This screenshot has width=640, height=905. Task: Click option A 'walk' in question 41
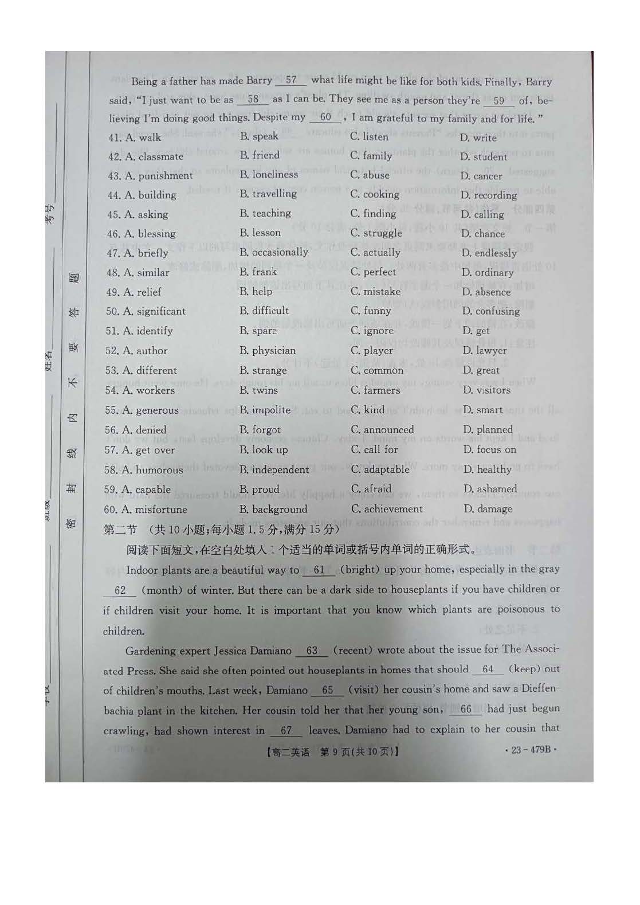(x=143, y=138)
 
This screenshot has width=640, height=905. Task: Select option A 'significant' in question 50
(x=146, y=311)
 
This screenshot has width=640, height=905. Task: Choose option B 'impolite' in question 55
(x=265, y=410)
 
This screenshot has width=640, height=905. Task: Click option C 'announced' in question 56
(x=382, y=430)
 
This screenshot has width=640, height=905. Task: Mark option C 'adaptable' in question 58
(x=380, y=469)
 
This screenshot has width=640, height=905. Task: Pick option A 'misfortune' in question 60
(x=146, y=510)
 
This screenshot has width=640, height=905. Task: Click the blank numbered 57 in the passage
(x=291, y=80)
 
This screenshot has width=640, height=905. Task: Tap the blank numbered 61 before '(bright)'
(x=319, y=570)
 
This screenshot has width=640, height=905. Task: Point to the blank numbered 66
(x=466, y=709)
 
